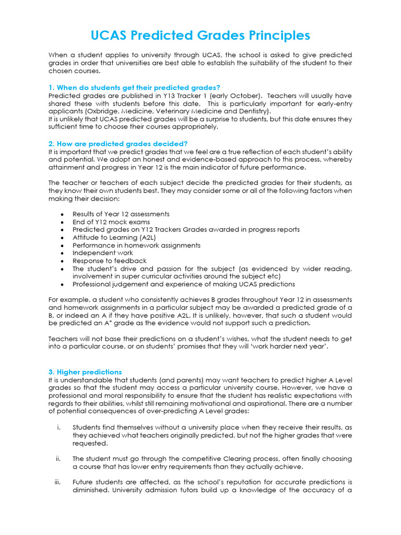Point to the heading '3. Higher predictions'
click(x=85, y=372)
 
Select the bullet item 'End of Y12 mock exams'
click(x=103, y=222)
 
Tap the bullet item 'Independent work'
click(x=96, y=253)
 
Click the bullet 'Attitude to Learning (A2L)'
click(x=107, y=237)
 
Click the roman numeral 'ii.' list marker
click(x=58, y=459)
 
